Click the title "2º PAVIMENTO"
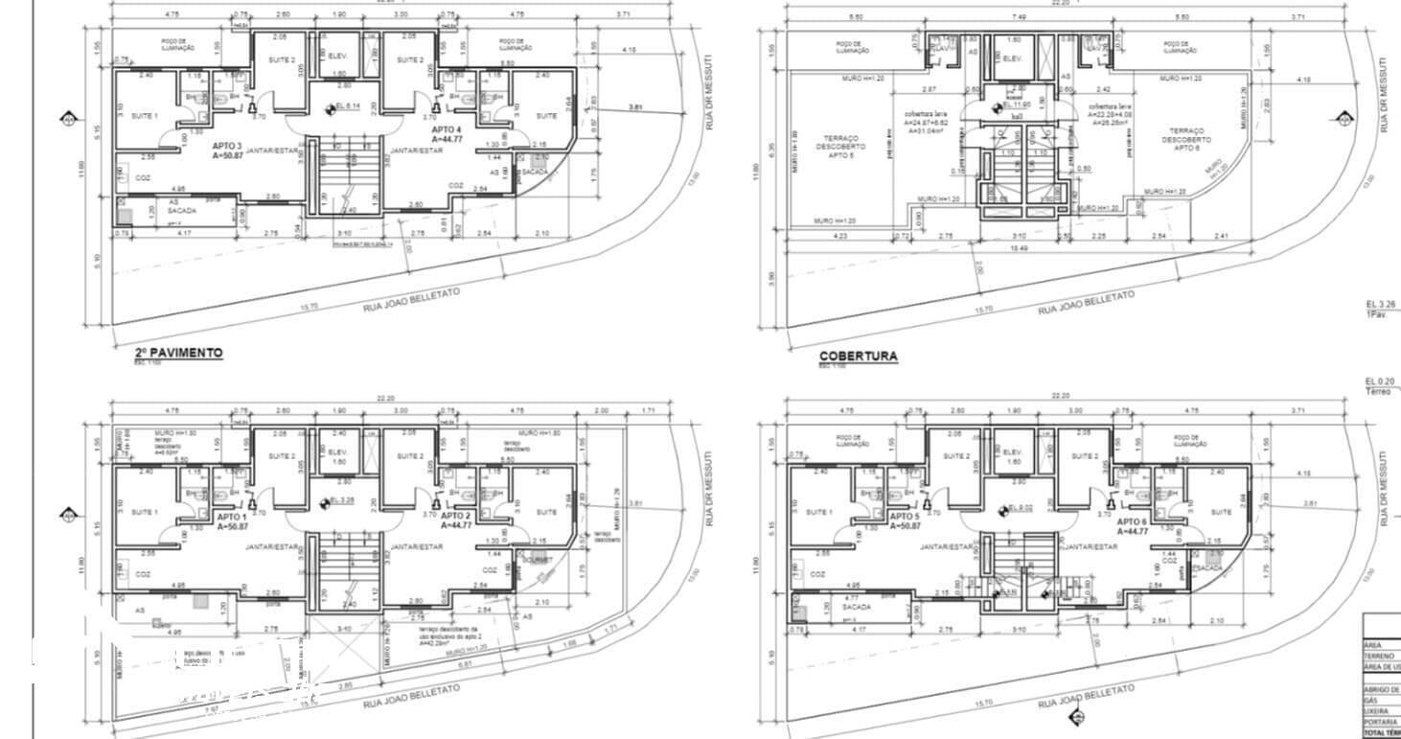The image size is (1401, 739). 178,353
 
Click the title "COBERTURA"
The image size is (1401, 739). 858,356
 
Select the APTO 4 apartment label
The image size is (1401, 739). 448,134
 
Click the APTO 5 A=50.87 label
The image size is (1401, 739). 905,520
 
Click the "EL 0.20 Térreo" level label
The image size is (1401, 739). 1381,384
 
